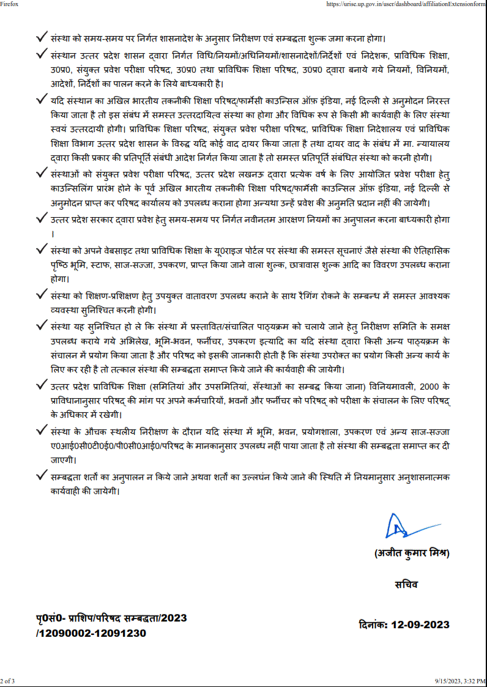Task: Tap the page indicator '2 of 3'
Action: click(x=8, y=681)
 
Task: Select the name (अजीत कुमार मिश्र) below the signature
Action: click(x=412, y=554)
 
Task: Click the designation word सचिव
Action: click(x=407, y=584)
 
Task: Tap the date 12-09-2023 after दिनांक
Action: click(x=420, y=625)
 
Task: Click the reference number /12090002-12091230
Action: click(x=91, y=633)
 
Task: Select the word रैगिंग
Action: click(x=310, y=295)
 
